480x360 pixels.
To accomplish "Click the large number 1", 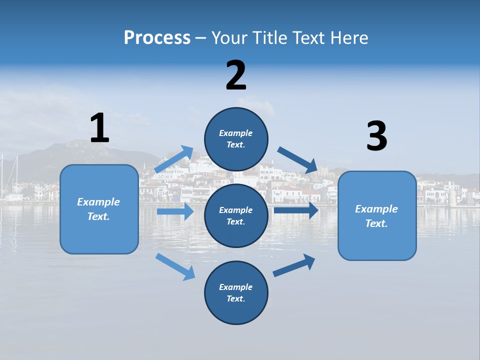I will (99, 128).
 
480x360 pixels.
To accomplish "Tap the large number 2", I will (236, 75).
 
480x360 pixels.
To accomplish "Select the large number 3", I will (376, 136).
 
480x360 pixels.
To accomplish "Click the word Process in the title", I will (157, 37).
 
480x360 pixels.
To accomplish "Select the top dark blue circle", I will (236, 139).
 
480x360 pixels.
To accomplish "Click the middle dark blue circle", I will (236, 215).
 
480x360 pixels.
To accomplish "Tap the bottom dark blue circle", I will (236, 292).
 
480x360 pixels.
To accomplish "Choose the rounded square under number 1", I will (99, 209).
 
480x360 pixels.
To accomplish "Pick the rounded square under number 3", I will (377, 215).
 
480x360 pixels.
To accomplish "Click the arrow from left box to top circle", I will (174, 159).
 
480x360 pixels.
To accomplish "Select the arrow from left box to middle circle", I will (175, 211).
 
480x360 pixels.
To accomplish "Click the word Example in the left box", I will (98, 202).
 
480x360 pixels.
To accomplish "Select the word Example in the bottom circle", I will (235, 287).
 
